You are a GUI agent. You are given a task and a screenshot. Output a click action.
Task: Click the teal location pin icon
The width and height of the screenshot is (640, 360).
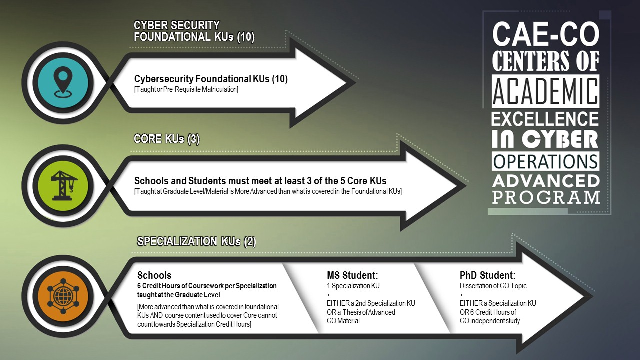point(63,82)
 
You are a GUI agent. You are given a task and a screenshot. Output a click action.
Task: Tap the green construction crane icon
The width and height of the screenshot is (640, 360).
point(64,185)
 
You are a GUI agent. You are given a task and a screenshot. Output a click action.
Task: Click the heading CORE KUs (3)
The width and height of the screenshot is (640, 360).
point(167,139)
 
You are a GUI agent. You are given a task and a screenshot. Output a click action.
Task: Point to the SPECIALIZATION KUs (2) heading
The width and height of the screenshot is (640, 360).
point(196,241)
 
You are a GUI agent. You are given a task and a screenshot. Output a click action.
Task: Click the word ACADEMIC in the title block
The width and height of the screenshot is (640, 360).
point(545,91)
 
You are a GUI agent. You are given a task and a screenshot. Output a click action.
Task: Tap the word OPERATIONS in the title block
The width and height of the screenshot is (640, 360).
point(545,161)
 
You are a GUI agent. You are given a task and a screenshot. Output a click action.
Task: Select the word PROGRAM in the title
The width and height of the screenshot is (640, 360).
point(546,197)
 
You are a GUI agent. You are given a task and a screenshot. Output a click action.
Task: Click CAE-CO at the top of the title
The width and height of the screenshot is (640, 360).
point(546,34)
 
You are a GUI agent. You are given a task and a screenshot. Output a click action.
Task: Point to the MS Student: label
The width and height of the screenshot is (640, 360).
point(352,275)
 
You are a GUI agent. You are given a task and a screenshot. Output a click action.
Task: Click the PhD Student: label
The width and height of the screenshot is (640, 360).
point(487,275)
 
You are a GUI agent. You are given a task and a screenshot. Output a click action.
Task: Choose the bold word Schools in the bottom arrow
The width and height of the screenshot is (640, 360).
point(154,275)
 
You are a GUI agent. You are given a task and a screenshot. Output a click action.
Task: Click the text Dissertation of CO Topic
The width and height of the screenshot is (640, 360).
point(493,286)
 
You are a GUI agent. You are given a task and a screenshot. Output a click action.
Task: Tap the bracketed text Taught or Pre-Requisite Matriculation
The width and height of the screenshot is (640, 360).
point(186,89)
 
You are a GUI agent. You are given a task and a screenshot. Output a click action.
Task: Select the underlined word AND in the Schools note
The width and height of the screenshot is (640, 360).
point(156,315)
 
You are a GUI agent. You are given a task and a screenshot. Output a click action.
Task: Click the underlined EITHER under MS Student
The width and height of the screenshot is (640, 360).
point(338,303)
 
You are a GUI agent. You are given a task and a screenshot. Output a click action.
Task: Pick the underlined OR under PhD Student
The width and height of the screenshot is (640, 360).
point(464,312)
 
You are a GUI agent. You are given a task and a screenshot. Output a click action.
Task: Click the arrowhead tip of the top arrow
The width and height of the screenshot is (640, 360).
point(356,83)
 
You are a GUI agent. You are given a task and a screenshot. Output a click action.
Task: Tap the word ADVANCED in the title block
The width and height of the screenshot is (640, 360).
point(546,181)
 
